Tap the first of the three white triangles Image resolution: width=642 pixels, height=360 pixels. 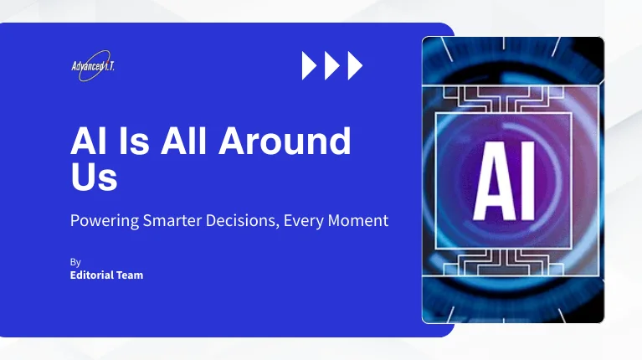(x=310, y=65)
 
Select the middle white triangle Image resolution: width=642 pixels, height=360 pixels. (x=332, y=65)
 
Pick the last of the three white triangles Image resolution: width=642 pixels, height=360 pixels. (x=355, y=65)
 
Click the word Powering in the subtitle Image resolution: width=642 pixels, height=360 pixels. (x=103, y=222)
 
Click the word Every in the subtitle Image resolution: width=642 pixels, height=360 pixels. (x=305, y=222)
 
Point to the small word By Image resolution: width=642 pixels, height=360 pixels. (x=75, y=262)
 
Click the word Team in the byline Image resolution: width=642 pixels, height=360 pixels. (x=130, y=275)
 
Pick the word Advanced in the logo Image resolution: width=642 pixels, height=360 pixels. (x=87, y=66)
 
